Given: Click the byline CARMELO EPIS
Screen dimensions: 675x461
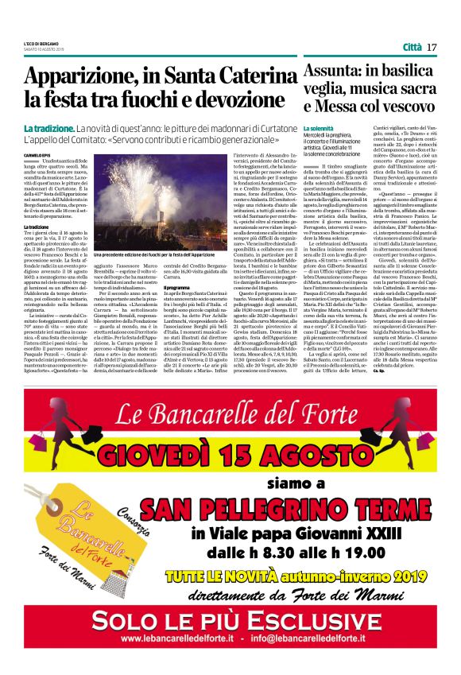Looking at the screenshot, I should [37, 156].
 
